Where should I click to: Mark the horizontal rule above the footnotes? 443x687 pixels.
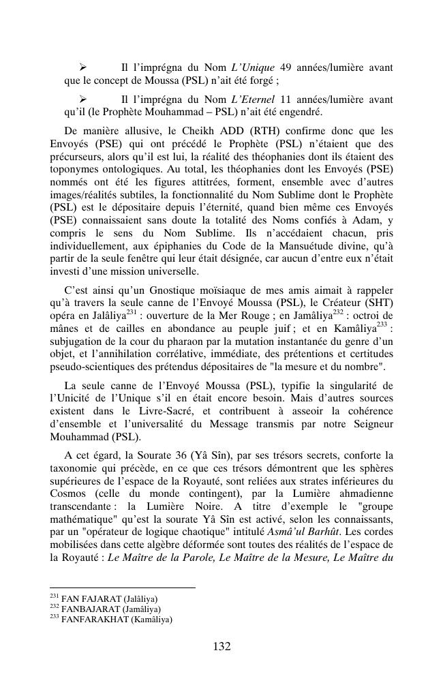pyautogui.click(x=123, y=587)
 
